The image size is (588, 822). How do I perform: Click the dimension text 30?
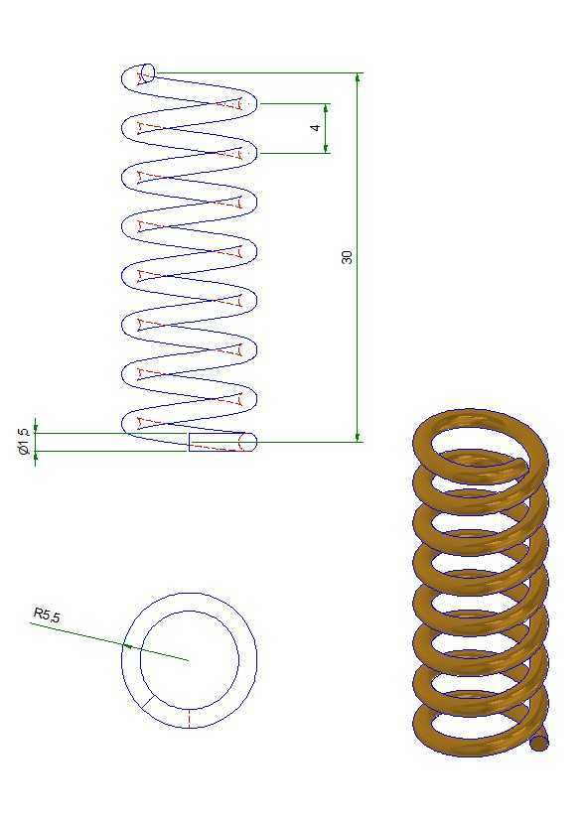(x=347, y=257)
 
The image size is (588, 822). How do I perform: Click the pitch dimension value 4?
(x=315, y=128)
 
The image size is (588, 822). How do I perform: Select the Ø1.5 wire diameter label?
(x=23, y=441)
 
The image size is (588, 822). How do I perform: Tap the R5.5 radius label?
(x=47, y=615)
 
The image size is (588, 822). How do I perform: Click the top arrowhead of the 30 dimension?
(x=358, y=77)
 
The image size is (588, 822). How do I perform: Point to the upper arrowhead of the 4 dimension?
(x=326, y=108)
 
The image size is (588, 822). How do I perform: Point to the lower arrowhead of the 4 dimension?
(x=326, y=148)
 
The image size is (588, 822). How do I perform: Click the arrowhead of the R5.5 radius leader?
(x=127, y=646)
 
